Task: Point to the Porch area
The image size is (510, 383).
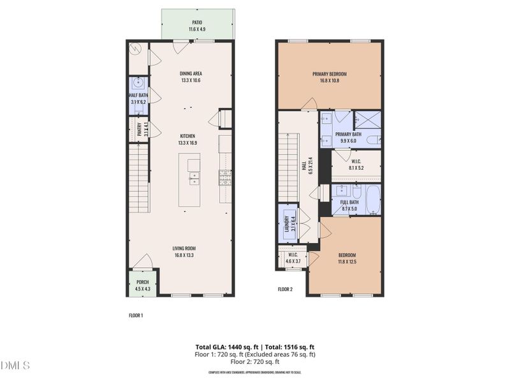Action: [x=142, y=285]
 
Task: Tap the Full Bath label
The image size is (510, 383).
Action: [x=350, y=204]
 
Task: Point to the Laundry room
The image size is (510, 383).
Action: [x=288, y=224]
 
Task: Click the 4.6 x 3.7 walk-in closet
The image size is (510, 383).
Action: [x=293, y=259]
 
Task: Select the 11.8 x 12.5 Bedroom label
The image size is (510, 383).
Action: [x=346, y=259]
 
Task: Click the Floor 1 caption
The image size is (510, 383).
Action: [x=136, y=315]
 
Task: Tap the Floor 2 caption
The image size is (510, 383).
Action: [x=285, y=289]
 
